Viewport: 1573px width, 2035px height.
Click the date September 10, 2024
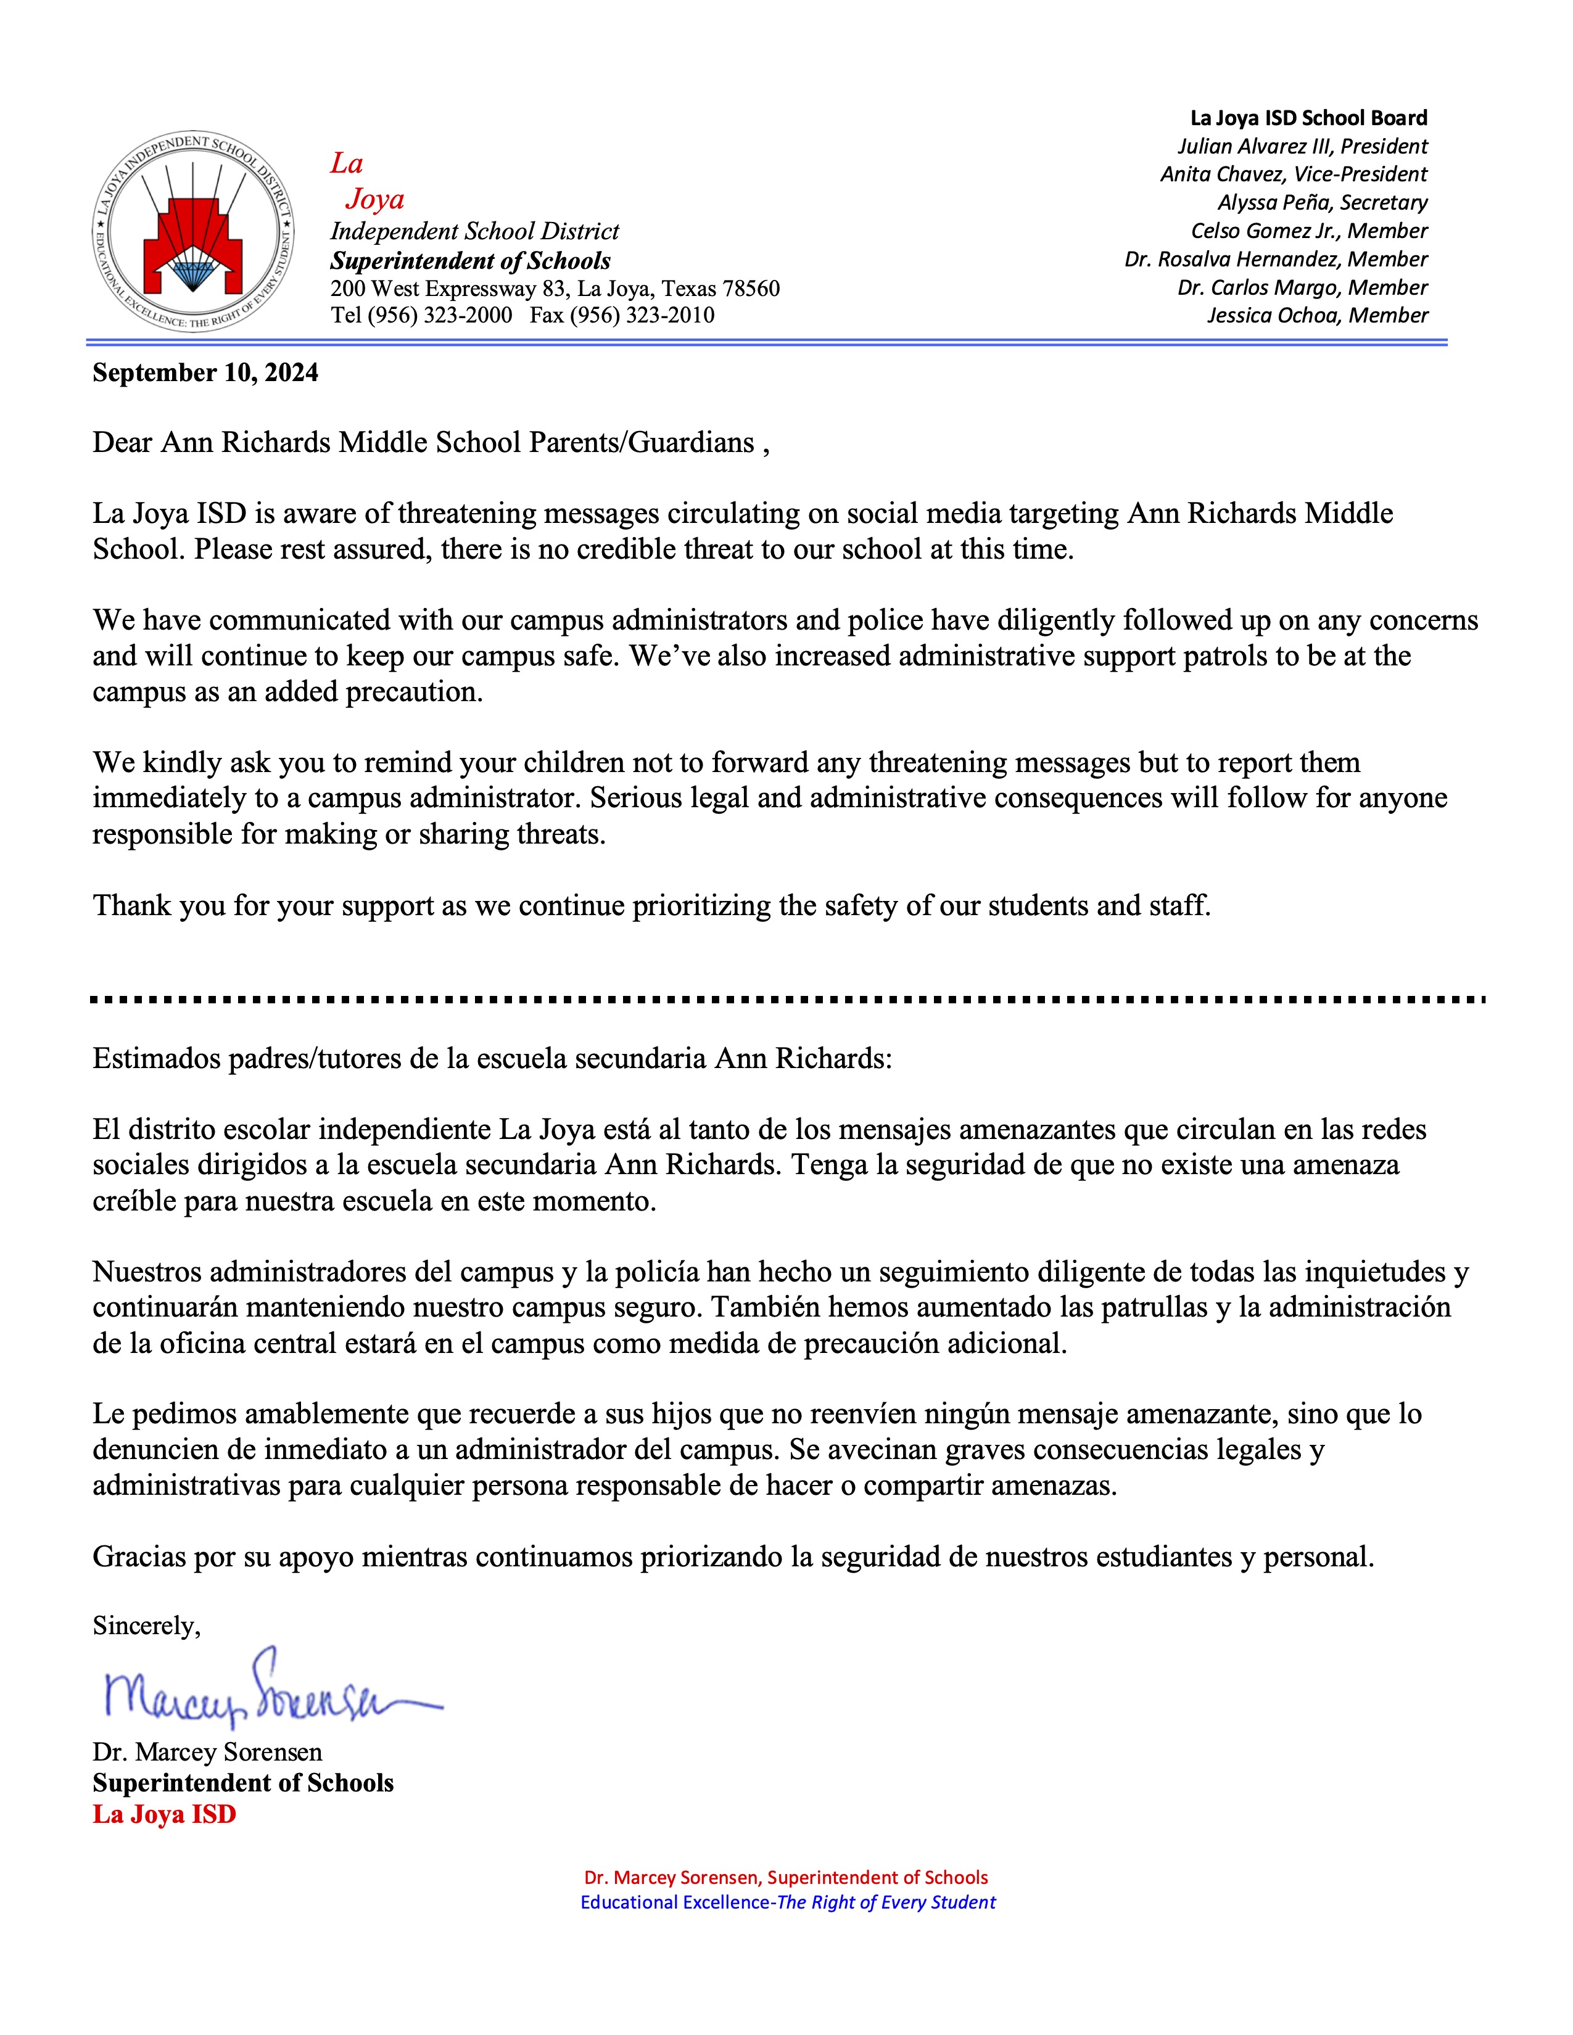point(205,372)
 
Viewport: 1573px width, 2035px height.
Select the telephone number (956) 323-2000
point(440,315)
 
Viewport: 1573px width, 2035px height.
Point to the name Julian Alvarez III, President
point(1302,146)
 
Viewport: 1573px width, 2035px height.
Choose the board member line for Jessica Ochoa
point(1317,315)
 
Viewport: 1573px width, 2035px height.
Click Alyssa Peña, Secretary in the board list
point(1321,202)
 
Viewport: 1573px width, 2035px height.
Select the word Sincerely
point(146,1626)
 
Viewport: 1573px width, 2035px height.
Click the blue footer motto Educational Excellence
point(677,1902)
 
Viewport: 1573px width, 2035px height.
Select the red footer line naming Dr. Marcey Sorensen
point(785,1878)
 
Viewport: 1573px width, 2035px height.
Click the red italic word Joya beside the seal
point(374,199)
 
